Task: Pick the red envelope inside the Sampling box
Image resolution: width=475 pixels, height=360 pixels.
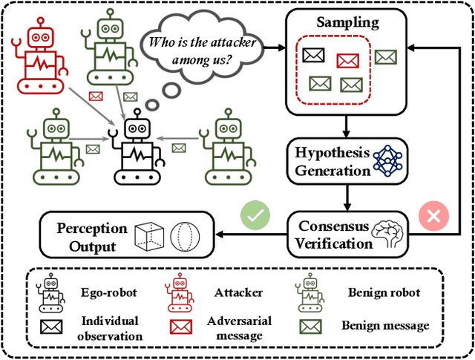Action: pyautogui.click(x=347, y=61)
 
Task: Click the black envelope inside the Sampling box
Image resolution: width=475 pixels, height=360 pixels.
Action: pyautogui.click(x=312, y=55)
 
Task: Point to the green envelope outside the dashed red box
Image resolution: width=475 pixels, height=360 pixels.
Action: pyautogui.click(x=385, y=56)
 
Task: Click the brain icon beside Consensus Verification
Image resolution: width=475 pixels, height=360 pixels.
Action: pyautogui.click(x=387, y=234)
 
